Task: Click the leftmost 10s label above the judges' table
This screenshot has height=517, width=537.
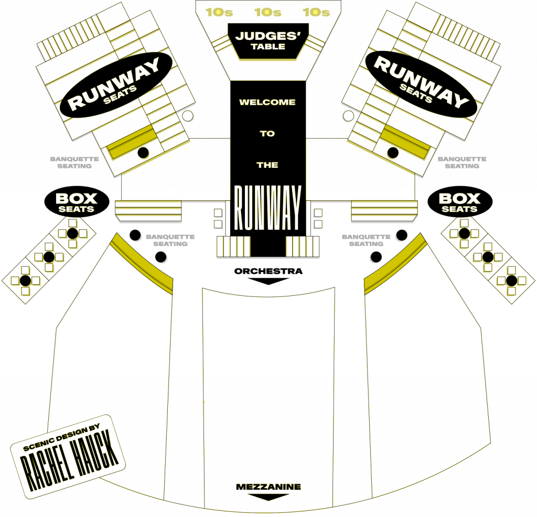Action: click(x=219, y=12)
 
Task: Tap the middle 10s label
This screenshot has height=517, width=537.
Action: click(x=268, y=12)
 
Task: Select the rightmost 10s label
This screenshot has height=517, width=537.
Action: click(x=316, y=12)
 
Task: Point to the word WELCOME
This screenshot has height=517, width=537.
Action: click(x=267, y=102)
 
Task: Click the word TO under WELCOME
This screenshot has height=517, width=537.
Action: click(x=267, y=134)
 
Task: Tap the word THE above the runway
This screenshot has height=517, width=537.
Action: click(x=267, y=165)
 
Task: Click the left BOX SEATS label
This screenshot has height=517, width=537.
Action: click(x=77, y=202)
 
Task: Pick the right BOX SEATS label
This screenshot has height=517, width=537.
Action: click(x=460, y=202)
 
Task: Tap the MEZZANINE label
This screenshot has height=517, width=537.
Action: click(x=268, y=487)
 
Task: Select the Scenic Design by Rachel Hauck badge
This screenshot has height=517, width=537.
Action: click(x=68, y=456)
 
